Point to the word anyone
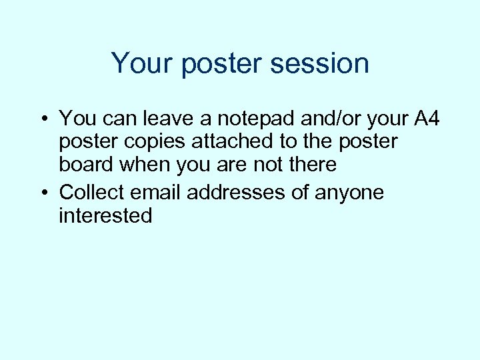coord(351,193)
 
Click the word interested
coord(105,215)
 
